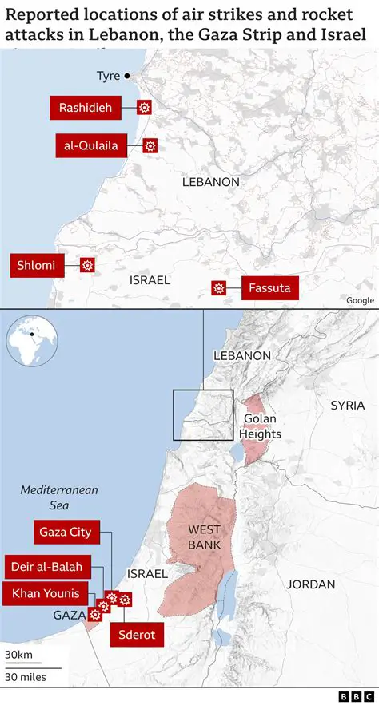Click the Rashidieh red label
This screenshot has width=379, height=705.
point(86,107)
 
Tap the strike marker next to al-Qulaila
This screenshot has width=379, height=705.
point(150,145)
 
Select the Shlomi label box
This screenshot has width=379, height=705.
point(37,265)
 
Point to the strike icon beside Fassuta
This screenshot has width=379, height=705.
point(217,288)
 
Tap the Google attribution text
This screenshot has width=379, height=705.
point(360,300)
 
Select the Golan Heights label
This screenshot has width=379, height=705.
point(261,426)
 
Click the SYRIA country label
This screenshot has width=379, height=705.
point(347,406)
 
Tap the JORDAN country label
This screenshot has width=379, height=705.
point(311,584)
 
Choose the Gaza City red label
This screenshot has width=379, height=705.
point(66,532)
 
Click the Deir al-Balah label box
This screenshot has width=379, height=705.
point(46,567)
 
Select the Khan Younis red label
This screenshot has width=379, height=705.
point(45,594)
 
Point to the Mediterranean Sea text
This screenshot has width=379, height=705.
point(58,497)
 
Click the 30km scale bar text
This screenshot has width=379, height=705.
point(18,655)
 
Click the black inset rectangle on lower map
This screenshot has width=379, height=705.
point(203,414)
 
